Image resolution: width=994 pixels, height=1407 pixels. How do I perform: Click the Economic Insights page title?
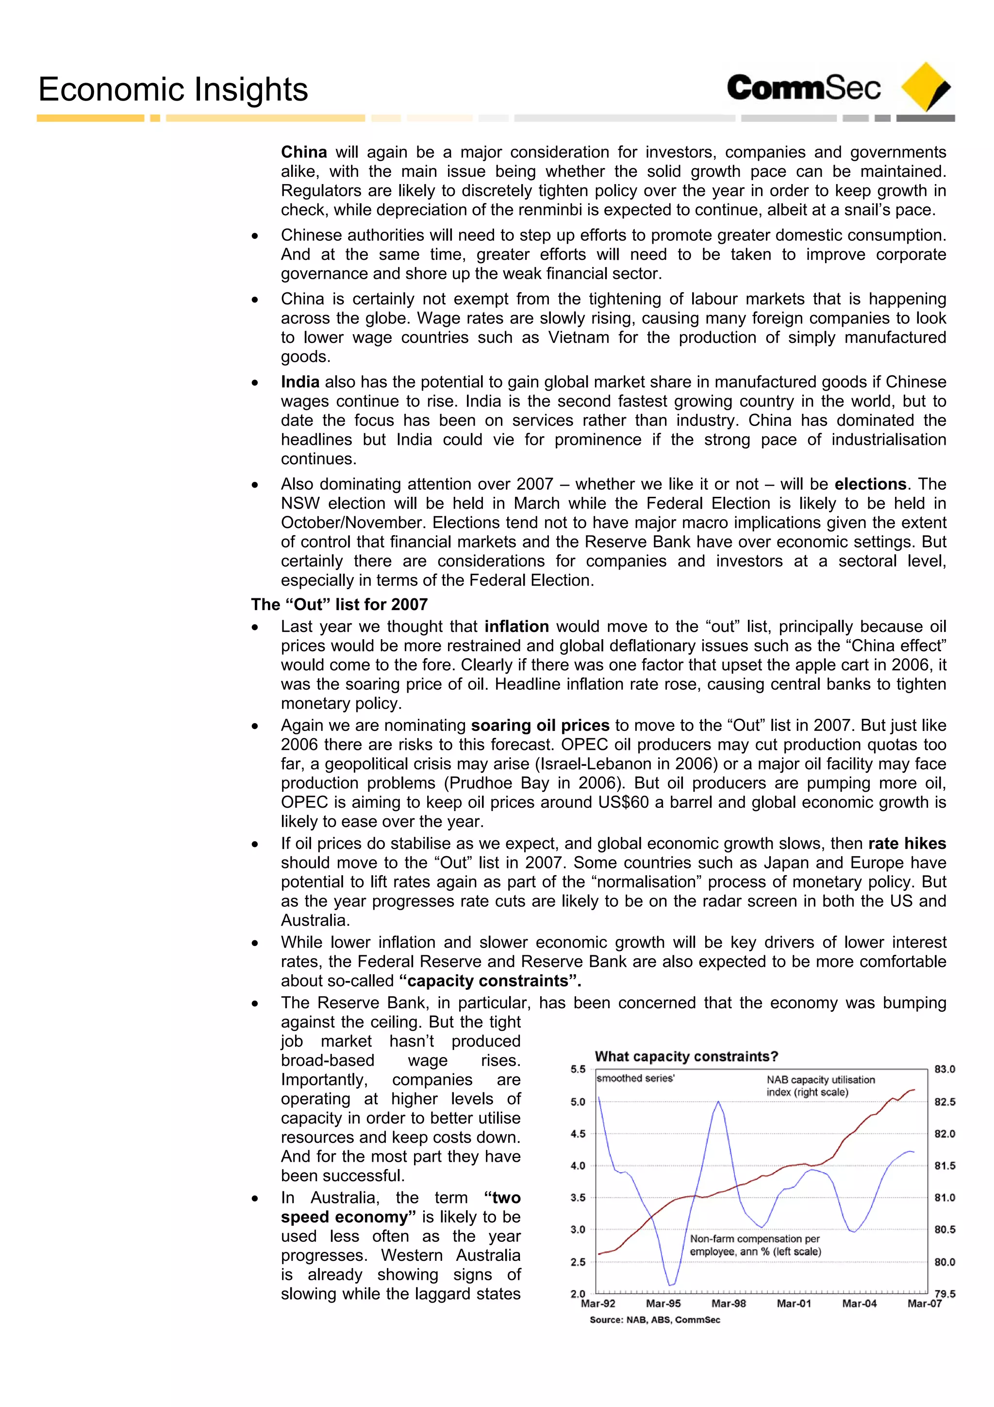(173, 89)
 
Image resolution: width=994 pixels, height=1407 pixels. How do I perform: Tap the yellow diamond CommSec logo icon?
(927, 86)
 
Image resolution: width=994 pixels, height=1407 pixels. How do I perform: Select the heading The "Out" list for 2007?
(339, 604)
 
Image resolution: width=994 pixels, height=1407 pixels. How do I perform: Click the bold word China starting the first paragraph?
(304, 152)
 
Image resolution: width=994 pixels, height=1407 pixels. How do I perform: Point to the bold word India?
(300, 382)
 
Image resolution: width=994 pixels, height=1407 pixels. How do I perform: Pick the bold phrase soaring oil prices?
(540, 725)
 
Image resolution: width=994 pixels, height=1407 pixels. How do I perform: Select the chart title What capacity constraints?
(686, 1056)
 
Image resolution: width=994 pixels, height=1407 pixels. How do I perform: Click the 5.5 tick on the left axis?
(578, 1069)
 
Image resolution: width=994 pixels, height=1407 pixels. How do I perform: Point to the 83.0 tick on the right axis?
(944, 1069)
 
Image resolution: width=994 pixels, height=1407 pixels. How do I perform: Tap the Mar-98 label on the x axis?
(728, 1304)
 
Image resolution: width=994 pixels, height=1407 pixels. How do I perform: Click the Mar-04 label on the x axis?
(859, 1304)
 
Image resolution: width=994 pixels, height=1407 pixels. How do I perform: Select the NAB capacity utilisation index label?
(820, 1086)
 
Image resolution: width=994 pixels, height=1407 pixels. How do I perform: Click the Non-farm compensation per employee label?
(755, 1245)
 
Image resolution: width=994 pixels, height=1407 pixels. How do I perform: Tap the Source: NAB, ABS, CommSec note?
(655, 1320)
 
